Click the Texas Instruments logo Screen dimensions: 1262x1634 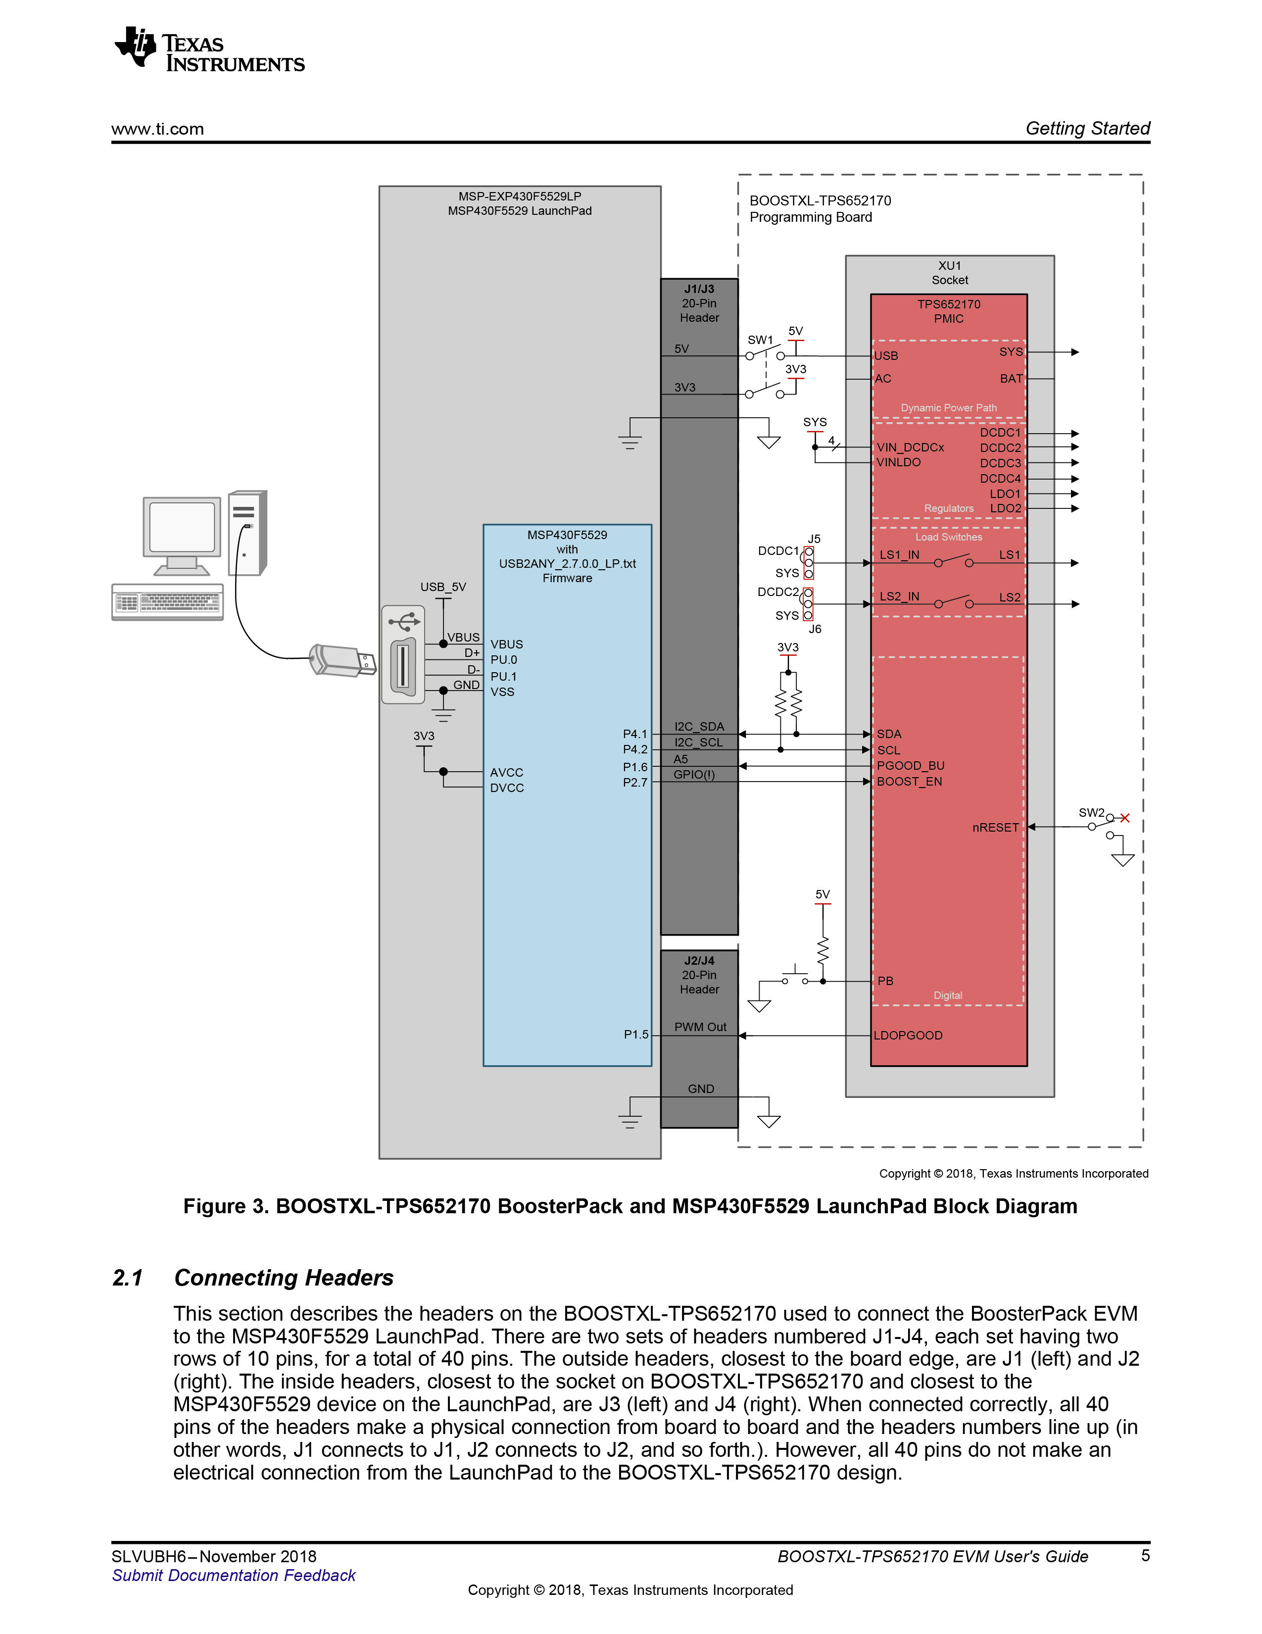coord(209,50)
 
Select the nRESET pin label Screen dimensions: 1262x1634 coord(995,828)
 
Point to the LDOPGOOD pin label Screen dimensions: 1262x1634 coord(908,1036)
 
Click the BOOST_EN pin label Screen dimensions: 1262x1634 coord(909,781)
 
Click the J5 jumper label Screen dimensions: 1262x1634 coord(814,539)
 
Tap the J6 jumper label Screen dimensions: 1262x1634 coord(815,629)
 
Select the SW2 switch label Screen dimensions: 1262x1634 coord(1091,812)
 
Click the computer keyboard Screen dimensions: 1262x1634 coord(168,602)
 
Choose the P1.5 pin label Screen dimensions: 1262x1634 coord(636,1035)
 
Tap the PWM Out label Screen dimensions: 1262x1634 coord(700,1027)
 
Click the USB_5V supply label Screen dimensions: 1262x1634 coord(443,587)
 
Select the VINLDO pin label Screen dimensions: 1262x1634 coord(898,462)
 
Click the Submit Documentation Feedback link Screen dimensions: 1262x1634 coord(234,1576)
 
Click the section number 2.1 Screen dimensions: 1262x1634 coord(128,1278)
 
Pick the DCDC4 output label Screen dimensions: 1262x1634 coord(1000,479)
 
